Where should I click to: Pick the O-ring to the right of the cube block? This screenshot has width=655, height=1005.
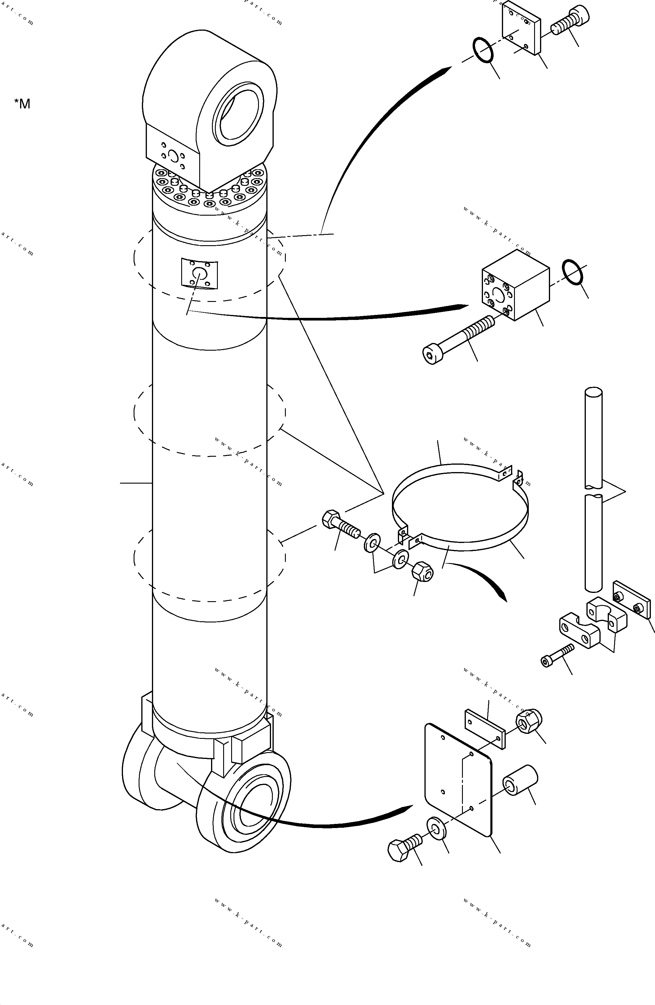573,272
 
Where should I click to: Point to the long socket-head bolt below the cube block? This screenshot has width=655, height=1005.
458,340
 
